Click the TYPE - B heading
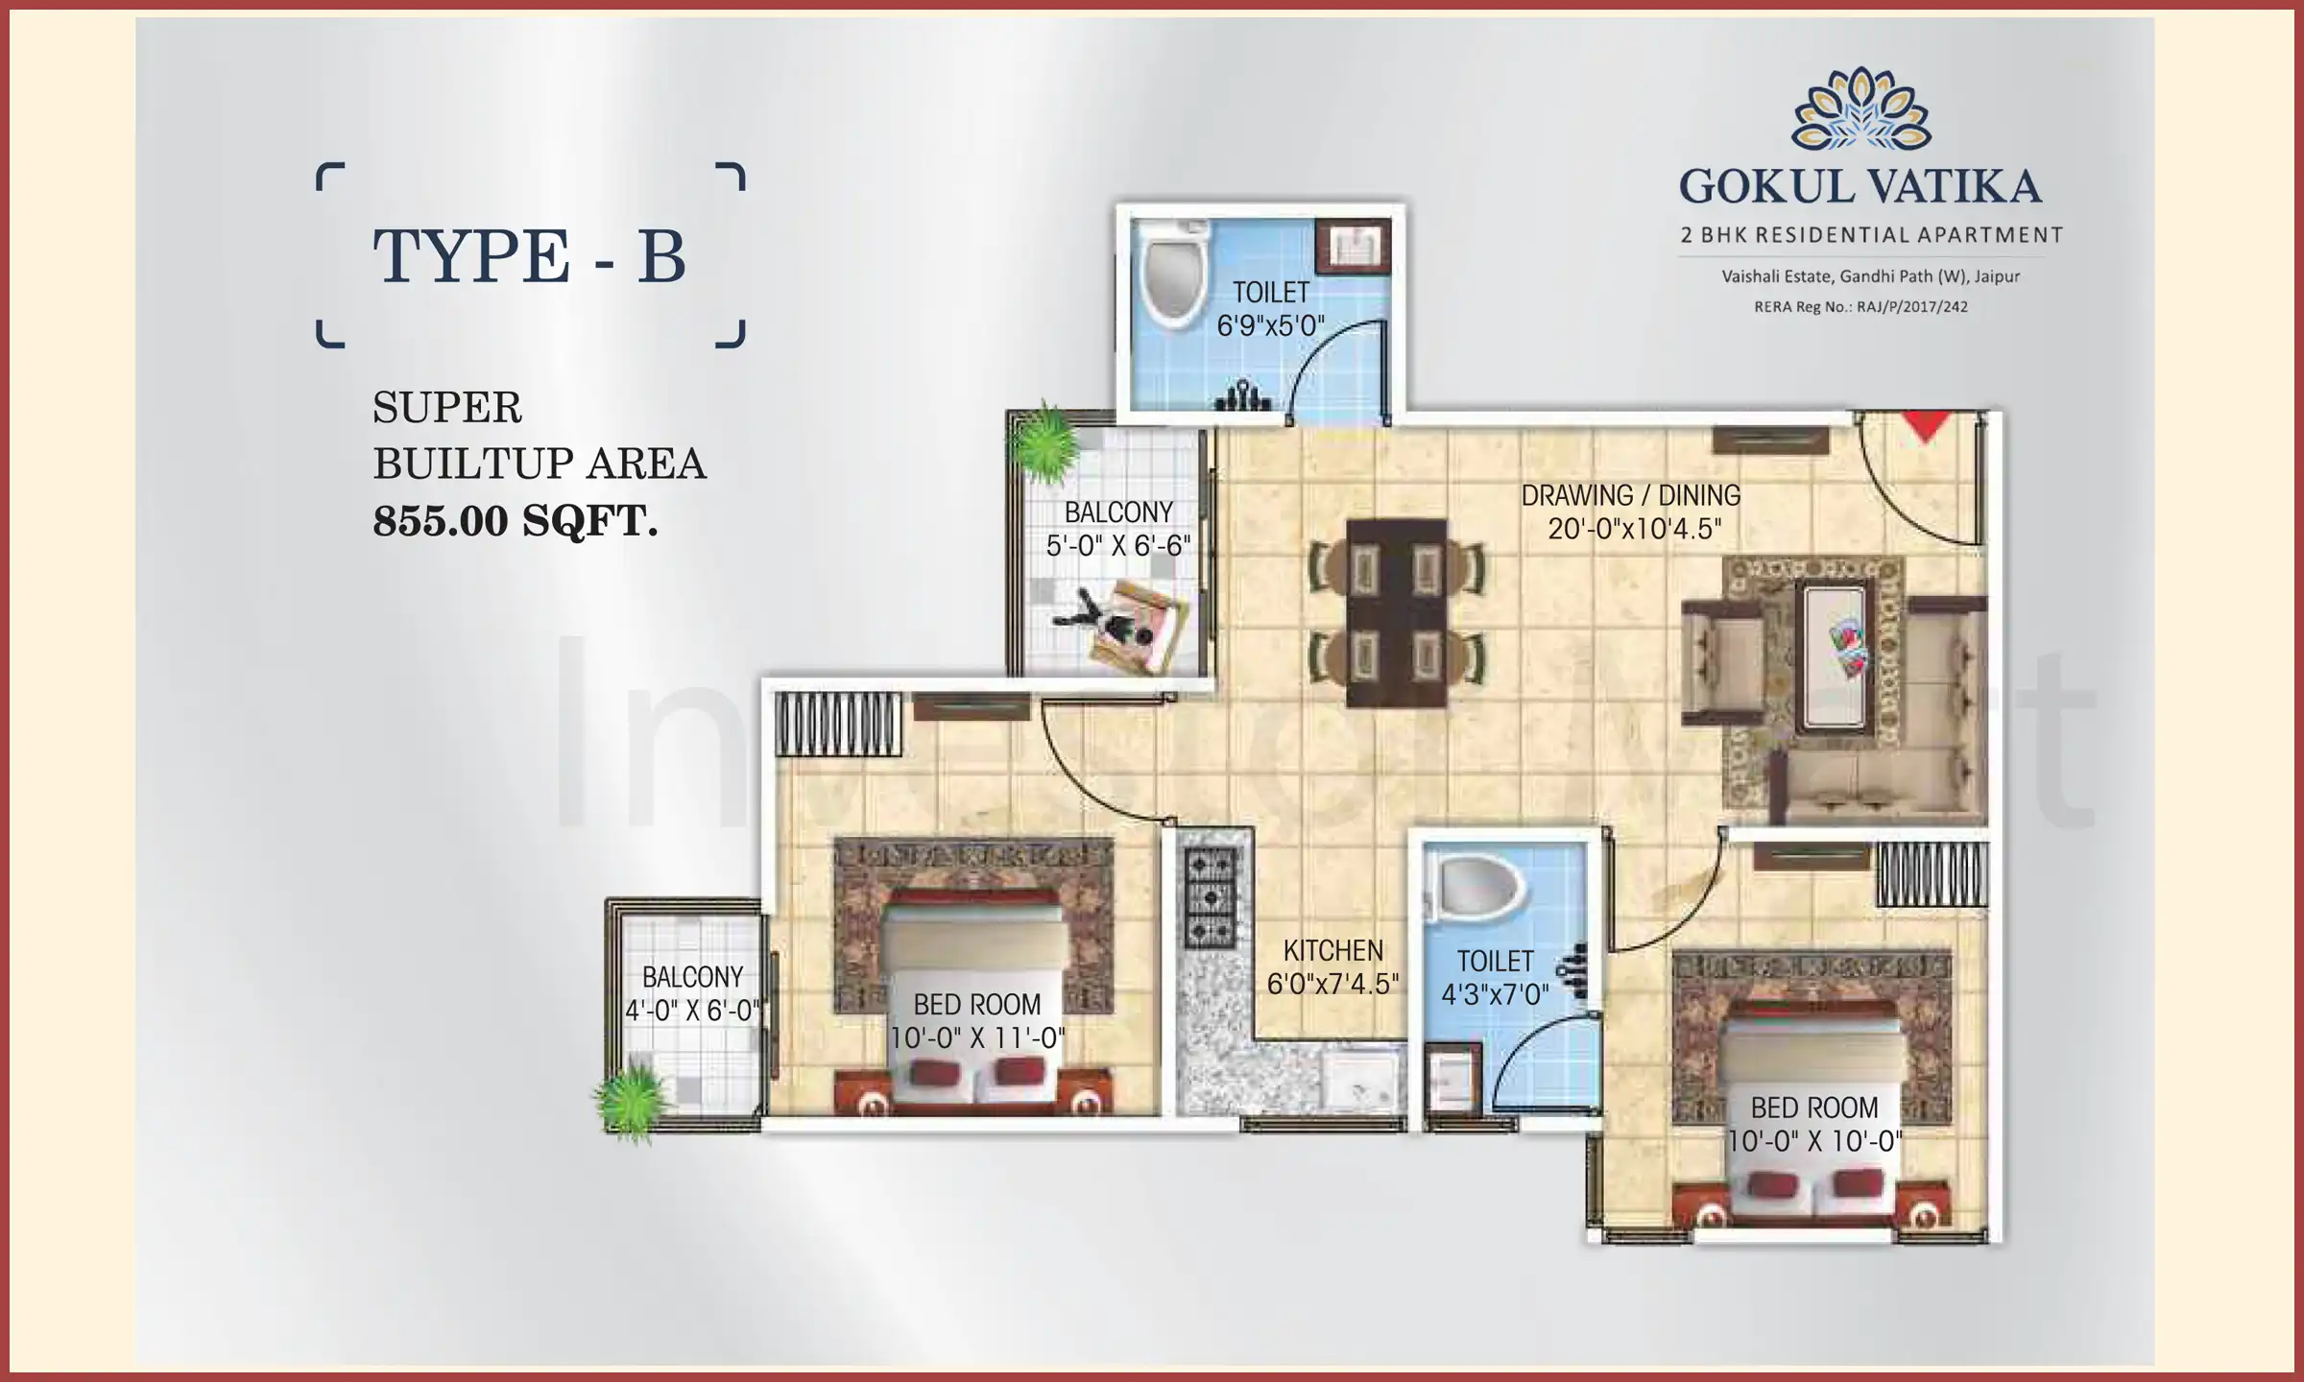(x=529, y=256)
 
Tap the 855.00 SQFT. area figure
(x=515, y=521)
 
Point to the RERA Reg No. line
(x=1860, y=307)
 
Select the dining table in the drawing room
(x=1396, y=612)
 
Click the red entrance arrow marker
(x=1924, y=426)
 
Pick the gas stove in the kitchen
(x=1210, y=898)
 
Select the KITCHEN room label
(x=1332, y=951)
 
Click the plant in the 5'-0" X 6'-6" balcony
(x=1043, y=443)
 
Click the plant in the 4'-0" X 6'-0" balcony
(x=631, y=1100)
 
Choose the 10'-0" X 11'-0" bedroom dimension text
(x=977, y=1038)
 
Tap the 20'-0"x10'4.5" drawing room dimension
(x=1634, y=529)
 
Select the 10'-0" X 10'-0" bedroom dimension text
(x=1814, y=1141)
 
